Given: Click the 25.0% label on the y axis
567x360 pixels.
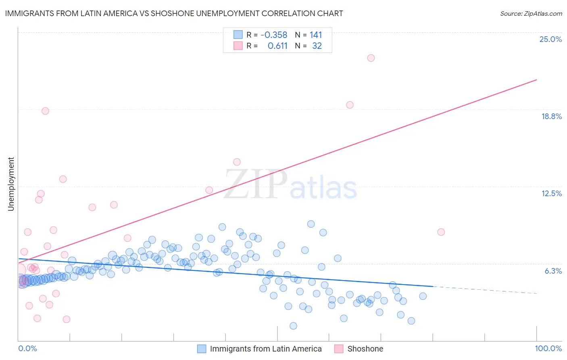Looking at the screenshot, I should pos(550,39).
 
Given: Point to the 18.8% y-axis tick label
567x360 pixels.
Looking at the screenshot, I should pos(551,116).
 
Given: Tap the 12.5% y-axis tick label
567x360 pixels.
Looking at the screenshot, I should pos(551,193).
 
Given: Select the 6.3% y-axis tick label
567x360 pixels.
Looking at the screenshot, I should pos(553,271).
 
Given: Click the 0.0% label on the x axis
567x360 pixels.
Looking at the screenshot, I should pos(27,348).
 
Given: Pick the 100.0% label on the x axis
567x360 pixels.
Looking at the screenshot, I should pos(548,348).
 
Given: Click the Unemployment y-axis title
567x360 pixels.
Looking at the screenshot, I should pos(11,184).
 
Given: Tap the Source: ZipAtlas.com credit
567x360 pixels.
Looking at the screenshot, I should pos(531,13).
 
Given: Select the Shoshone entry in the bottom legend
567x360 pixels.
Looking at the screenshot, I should pos(365,349).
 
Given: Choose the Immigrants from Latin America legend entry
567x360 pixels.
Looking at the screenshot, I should pos(266,349).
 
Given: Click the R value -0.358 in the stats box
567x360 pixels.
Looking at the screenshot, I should pos(274,35).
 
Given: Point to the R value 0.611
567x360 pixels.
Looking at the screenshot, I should pos(277,46).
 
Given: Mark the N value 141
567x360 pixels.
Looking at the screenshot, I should pos(316,35).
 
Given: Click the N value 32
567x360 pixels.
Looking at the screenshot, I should pos(317,46).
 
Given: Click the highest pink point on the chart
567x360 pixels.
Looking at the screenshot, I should pos(371,58).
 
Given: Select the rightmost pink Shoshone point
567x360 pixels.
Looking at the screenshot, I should pos(441,232).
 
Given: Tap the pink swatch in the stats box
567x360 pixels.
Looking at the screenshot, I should pos(238,46).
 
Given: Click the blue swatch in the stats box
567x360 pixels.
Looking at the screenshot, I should pos(238,35).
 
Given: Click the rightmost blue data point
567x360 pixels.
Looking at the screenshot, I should pos(423,296).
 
